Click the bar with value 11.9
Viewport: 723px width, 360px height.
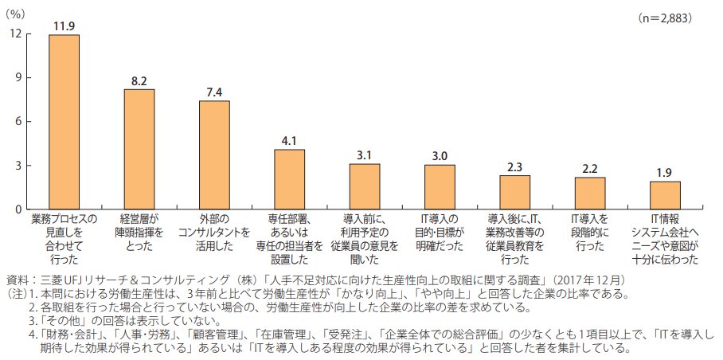point(64,122)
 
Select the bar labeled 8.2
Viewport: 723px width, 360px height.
point(139,149)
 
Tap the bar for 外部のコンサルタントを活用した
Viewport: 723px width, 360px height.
point(214,155)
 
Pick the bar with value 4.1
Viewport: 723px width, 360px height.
point(289,179)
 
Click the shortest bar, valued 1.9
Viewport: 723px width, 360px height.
point(665,195)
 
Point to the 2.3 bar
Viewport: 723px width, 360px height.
point(514,192)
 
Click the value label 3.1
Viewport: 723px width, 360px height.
point(365,155)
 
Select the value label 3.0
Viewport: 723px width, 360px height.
point(440,156)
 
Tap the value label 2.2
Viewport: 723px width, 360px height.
point(590,168)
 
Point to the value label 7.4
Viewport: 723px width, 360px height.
point(214,92)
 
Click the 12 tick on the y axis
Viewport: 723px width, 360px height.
point(16,34)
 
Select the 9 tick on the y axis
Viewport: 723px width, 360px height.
point(19,78)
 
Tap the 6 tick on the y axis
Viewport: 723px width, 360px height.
point(19,122)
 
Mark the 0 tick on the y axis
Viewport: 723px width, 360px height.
point(19,209)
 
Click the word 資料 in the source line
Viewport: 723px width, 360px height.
point(18,280)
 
